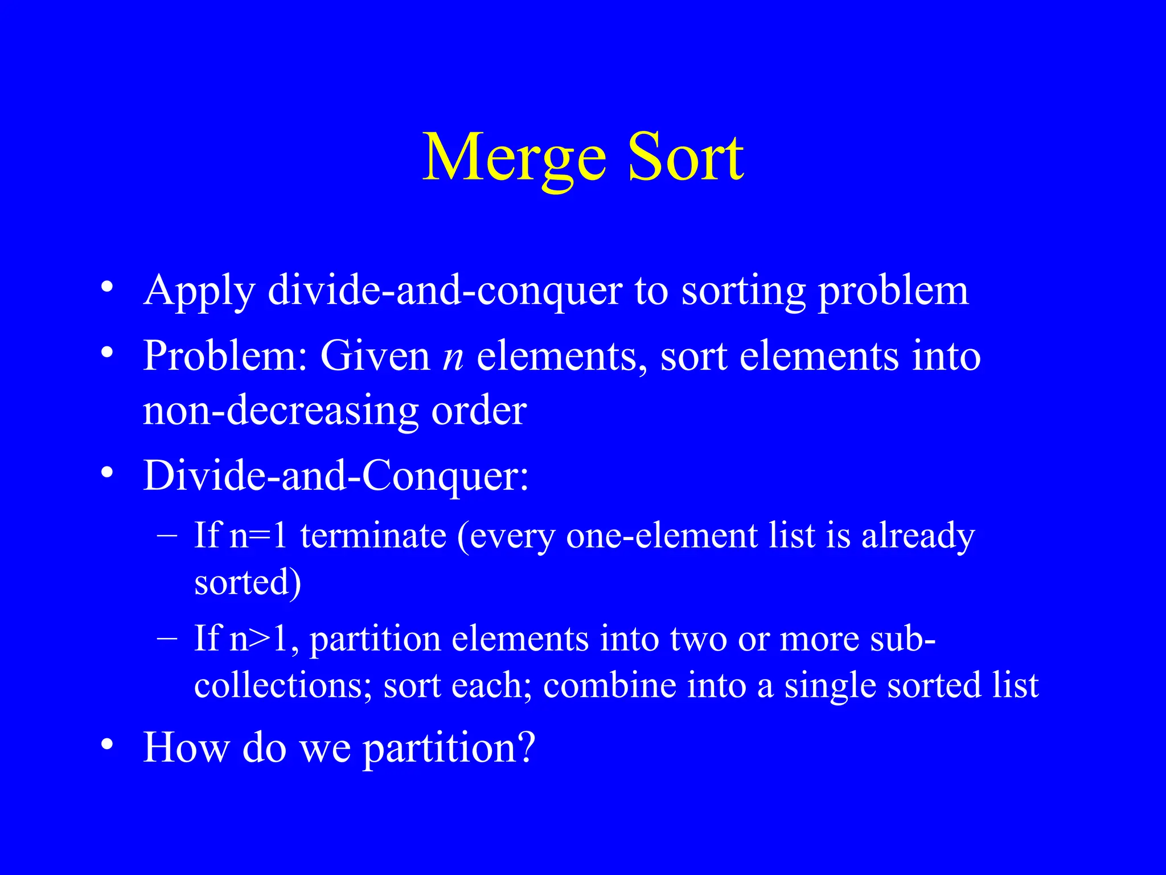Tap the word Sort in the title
point(685,158)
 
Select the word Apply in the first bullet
point(199,292)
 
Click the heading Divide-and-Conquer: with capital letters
point(336,476)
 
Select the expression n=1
point(258,536)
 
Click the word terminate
point(373,536)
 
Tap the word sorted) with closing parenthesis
point(248,583)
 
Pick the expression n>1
point(264,639)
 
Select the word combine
point(609,686)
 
